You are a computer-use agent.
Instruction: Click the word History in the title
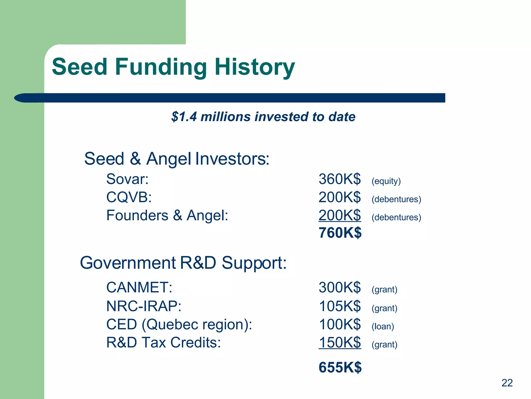coord(255,67)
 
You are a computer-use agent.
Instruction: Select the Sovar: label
coord(127,179)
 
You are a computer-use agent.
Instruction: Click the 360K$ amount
coord(339,179)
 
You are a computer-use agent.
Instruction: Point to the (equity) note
coord(386,181)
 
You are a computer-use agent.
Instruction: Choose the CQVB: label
coord(129,197)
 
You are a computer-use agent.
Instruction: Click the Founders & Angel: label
coord(167,215)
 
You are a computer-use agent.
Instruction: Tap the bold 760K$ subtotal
coord(340,233)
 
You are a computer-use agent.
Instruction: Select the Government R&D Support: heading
coord(183,263)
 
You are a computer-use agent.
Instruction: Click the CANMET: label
coord(139,288)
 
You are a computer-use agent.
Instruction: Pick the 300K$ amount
coord(339,288)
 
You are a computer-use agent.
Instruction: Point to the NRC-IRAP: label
coord(144,306)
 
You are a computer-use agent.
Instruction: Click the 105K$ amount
coord(339,306)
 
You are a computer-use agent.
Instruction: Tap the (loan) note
coord(383,326)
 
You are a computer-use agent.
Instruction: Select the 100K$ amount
coord(339,324)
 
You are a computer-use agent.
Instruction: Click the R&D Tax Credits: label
coord(163,342)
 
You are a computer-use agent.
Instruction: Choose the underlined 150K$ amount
coord(339,342)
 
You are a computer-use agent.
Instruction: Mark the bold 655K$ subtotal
coord(340,368)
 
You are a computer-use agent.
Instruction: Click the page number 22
coord(507,383)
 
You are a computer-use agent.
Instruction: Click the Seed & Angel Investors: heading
coord(177,159)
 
